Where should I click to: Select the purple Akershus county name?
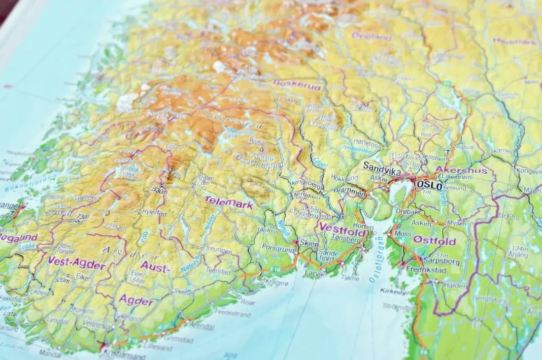(461, 170)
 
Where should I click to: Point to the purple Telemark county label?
(229, 202)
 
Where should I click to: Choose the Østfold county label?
(434, 241)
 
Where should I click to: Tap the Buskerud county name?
(297, 85)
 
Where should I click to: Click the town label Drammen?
(349, 190)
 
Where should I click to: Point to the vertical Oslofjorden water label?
(376, 260)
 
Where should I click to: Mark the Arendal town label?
(201, 327)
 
